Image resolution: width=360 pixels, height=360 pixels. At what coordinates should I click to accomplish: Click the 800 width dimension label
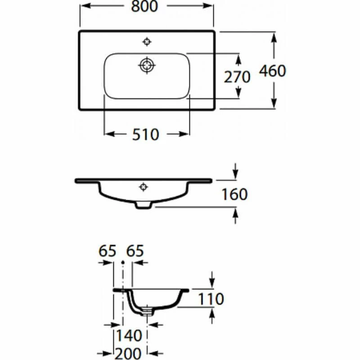[146, 7]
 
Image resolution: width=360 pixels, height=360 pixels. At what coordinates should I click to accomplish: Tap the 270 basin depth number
[237, 77]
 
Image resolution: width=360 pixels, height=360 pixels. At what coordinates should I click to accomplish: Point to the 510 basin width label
[146, 134]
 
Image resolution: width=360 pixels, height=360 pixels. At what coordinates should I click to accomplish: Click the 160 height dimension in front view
[234, 194]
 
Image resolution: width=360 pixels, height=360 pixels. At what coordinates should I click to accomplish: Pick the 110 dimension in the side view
[211, 298]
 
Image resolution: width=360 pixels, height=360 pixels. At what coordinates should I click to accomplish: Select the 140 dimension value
[129, 335]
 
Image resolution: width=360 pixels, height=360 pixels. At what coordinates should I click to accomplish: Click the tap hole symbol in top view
[146, 42]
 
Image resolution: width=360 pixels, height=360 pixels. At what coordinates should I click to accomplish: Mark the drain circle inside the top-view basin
[146, 65]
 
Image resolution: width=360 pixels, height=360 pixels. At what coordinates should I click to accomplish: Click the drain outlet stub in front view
[144, 205]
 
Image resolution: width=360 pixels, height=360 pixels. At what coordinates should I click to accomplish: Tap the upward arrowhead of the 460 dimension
[274, 36]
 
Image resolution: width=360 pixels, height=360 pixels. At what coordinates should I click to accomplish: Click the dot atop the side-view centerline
[123, 261]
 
